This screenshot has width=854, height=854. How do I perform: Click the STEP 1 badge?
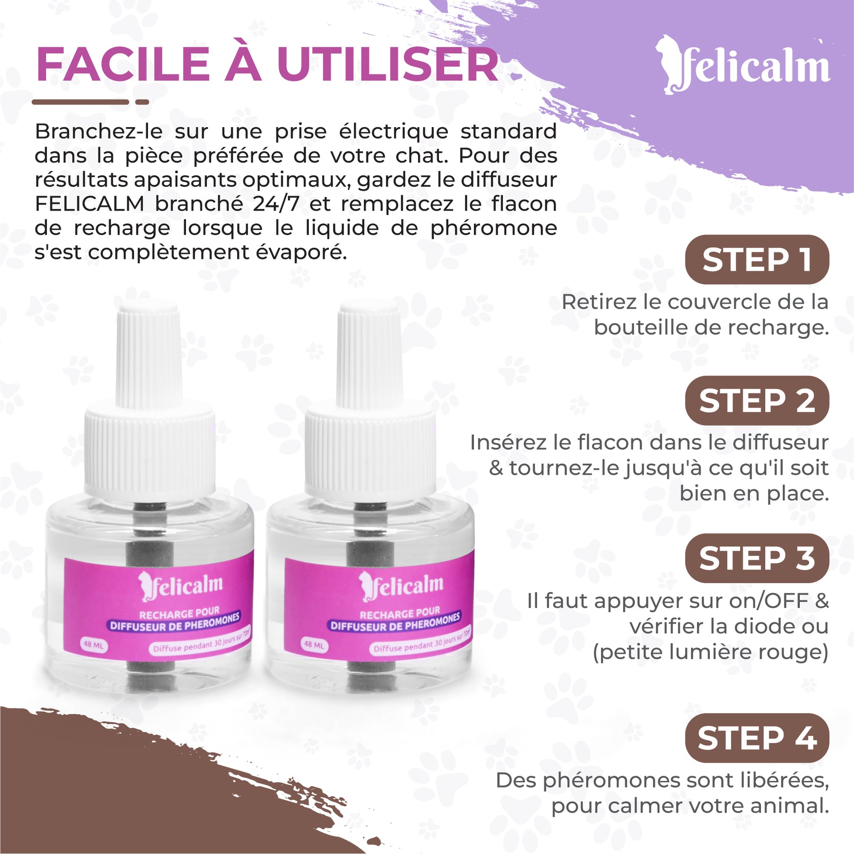[757, 260]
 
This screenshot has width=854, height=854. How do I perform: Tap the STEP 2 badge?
[757, 400]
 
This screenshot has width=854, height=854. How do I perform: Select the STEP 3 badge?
[757, 558]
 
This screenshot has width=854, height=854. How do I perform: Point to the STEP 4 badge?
[757, 738]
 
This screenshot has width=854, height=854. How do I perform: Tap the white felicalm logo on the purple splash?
[743, 65]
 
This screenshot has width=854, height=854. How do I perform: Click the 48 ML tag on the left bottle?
[93, 645]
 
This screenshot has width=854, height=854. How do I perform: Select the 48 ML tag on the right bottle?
[314, 645]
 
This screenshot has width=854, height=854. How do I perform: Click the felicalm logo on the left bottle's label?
[180, 586]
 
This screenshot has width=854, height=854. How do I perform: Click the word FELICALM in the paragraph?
[89, 204]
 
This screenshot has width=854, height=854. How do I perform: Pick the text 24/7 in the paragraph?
[276, 204]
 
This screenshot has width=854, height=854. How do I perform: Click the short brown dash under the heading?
[142, 102]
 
